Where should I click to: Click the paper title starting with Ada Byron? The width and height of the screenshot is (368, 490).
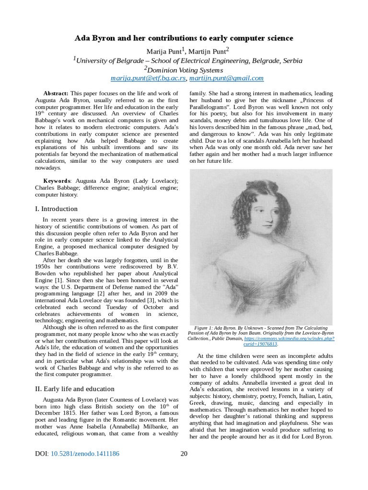[184, 38]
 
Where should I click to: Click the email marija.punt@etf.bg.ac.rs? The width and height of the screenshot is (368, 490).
[148, 78]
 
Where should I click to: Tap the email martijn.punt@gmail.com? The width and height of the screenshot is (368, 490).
[226, 78]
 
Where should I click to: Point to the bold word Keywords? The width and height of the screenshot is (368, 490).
[57, 181]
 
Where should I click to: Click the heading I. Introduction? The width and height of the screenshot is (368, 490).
[56, 209]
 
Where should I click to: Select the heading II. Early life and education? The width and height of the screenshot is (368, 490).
[75, 389]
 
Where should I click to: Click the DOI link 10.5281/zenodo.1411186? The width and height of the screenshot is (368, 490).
[85, 454]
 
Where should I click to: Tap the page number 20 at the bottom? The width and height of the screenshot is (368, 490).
[184, 454]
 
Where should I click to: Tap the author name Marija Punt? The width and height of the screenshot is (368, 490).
[161, 51]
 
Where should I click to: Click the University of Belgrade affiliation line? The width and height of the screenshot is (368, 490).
[187, 60]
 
